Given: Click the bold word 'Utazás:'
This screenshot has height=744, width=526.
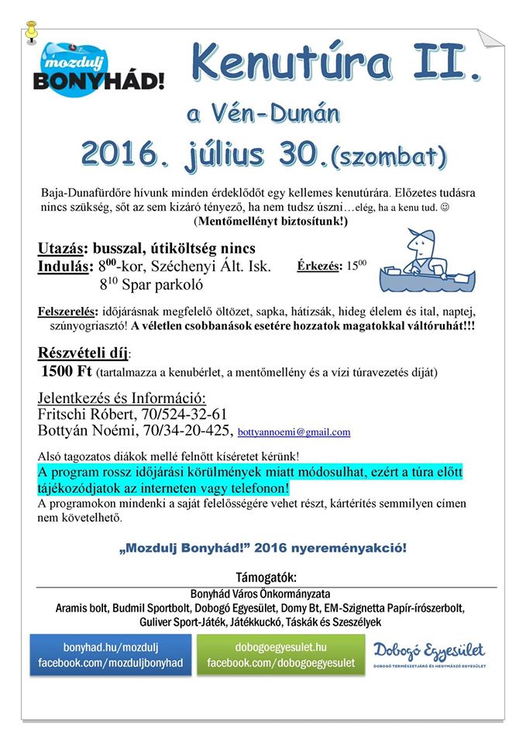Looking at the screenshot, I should coord(64,250).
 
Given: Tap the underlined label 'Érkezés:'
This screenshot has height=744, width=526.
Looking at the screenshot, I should coord(319,266).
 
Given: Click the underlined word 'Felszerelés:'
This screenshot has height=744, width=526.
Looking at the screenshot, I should coord(66,312).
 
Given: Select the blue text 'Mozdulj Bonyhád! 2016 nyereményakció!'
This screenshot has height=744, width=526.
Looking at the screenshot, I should coord(263,547).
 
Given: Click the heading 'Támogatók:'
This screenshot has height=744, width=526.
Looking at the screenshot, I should coord(265,578).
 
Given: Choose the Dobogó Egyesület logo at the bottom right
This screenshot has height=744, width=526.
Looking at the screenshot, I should coord(428,653).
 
